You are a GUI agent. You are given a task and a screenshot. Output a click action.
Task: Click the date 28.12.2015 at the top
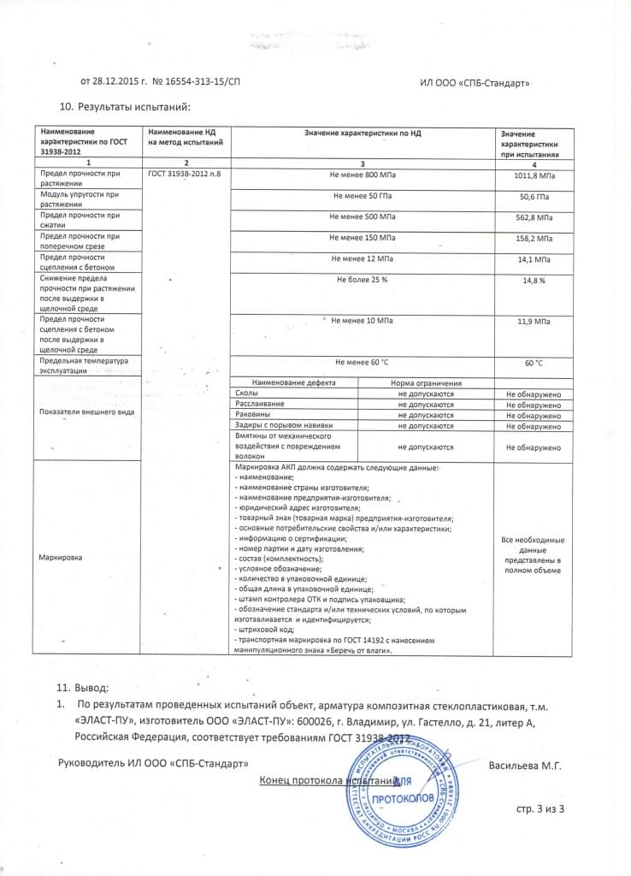(121, 82)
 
